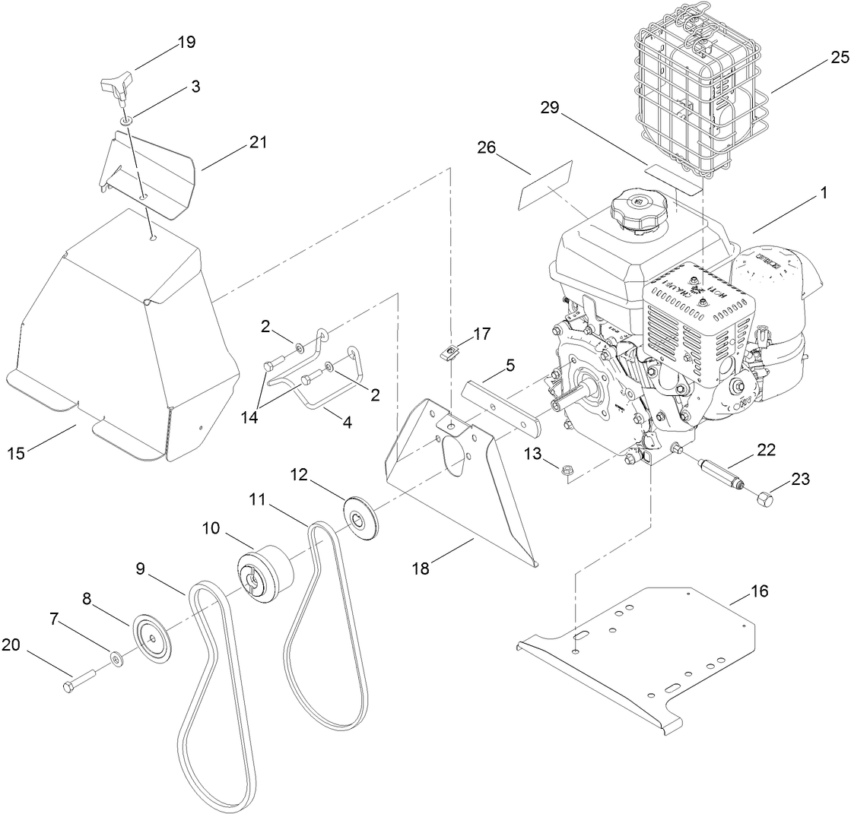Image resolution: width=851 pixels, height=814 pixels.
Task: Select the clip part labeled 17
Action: click(x=451, y=351)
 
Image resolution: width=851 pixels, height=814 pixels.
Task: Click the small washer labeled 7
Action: click(x=116, y=657)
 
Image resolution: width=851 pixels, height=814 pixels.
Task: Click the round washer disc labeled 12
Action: click(x=362, y=518)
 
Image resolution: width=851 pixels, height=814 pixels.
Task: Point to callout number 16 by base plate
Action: click(x=760, y=590)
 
